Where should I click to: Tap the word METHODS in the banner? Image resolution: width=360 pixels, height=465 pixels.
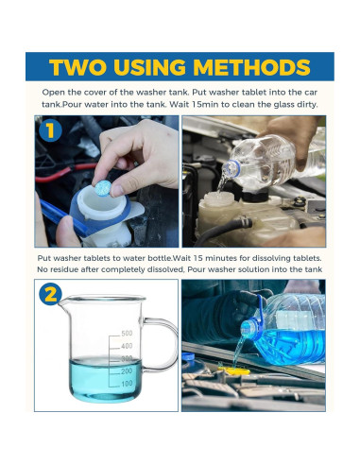pos(251,67)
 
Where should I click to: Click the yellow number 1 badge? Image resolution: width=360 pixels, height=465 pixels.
pos(50,130)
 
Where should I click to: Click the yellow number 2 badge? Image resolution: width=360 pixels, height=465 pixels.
pos(50,295)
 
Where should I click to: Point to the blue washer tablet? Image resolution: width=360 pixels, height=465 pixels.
pos(103,188)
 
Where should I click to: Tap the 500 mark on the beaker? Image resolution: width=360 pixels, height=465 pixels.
pos(127,333)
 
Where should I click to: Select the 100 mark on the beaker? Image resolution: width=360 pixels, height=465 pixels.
pos(127,383)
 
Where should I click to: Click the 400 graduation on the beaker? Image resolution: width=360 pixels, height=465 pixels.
pos(127,346)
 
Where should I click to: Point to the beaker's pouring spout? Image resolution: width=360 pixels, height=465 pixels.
pos(63,301)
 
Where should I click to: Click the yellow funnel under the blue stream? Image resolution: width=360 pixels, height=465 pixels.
pos(234,370)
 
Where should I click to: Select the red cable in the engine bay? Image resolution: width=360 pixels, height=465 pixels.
pos(64,172)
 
